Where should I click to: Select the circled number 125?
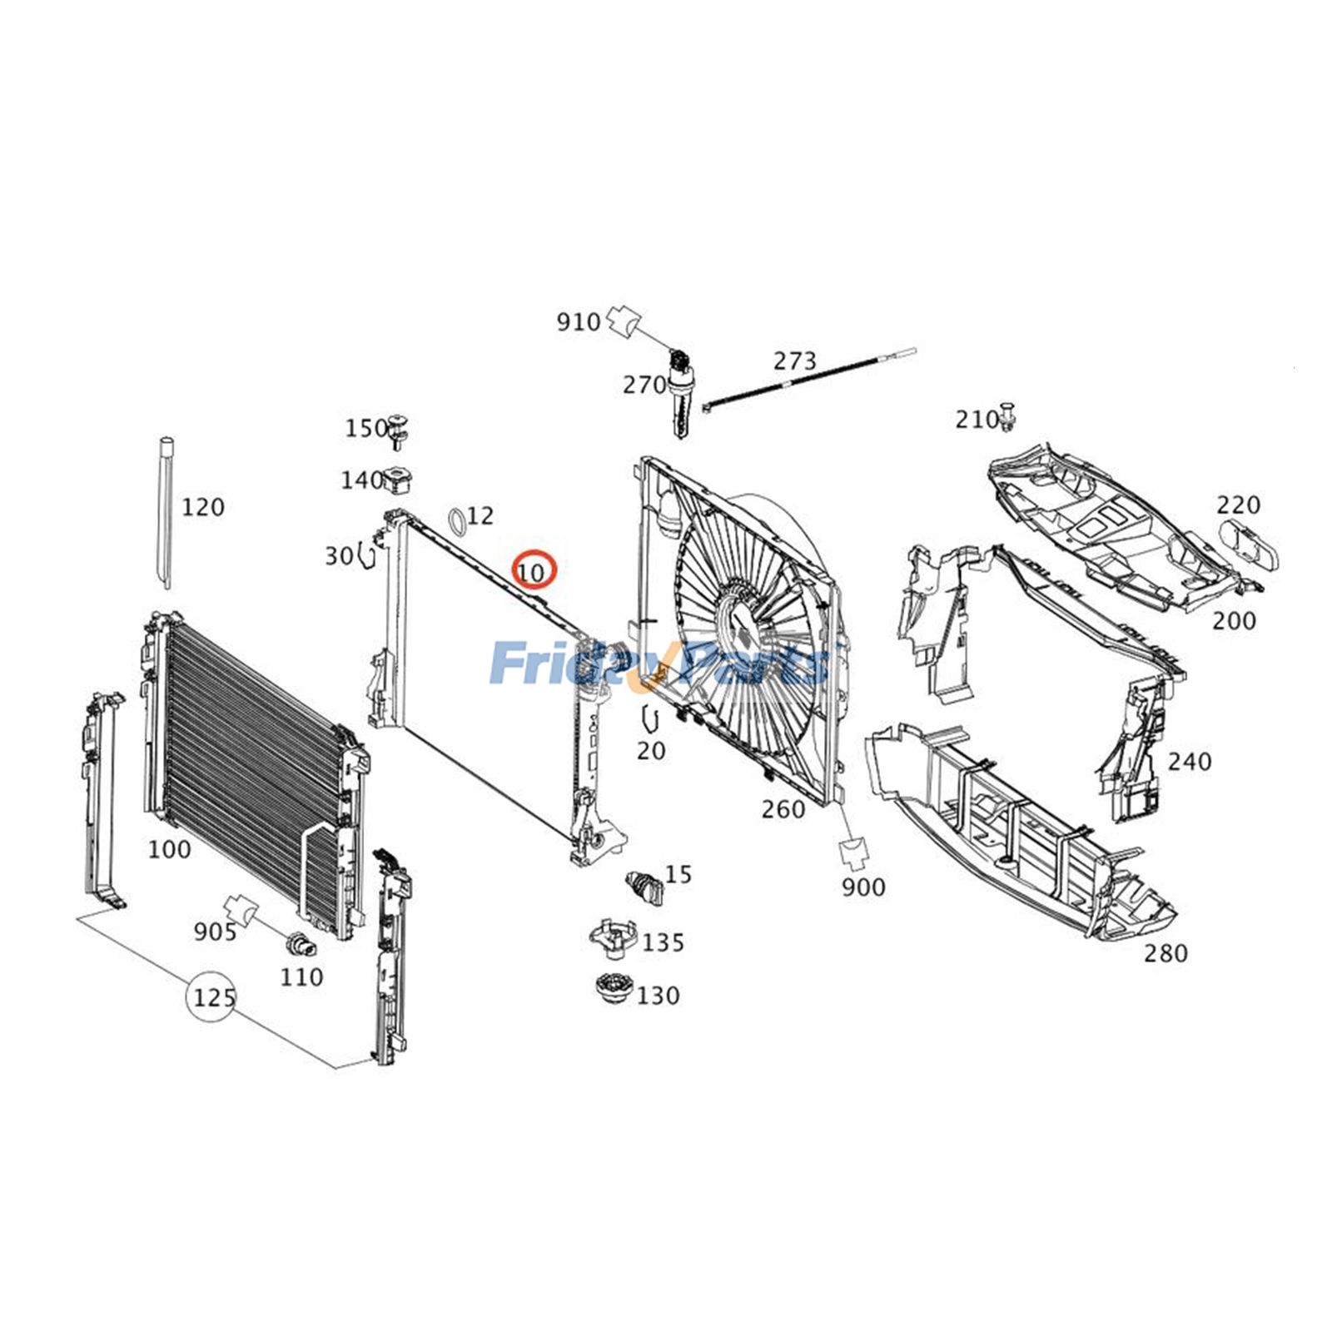213,997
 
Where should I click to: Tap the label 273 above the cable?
795,361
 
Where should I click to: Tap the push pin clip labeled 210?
1010,417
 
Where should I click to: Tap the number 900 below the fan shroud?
862,887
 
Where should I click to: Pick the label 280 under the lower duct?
1165,953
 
